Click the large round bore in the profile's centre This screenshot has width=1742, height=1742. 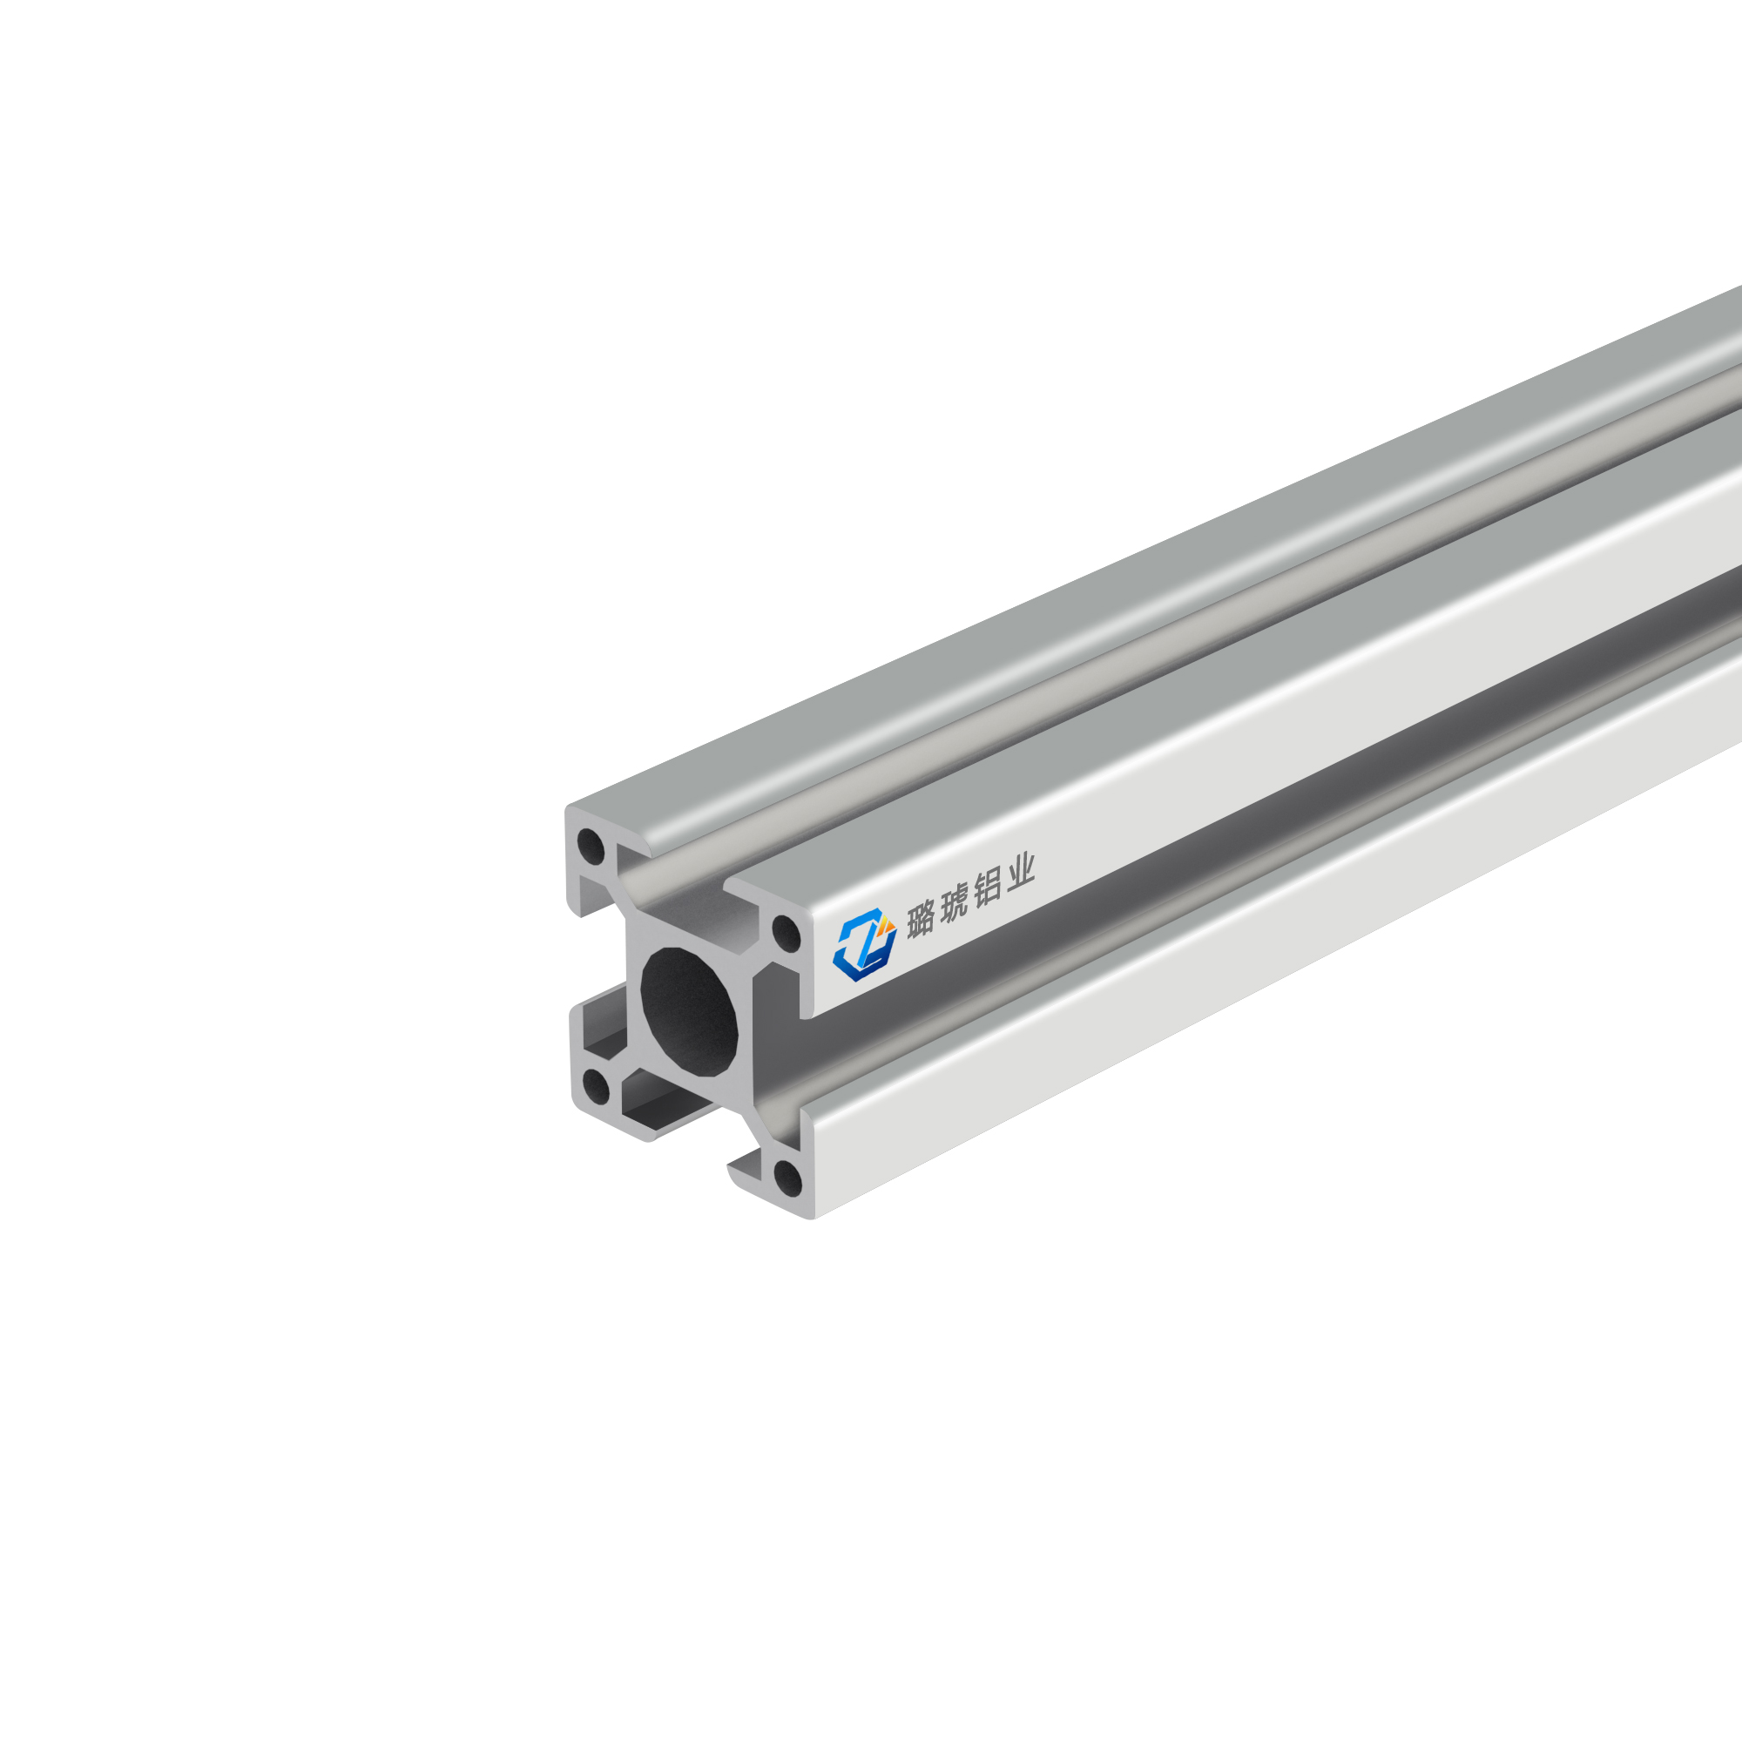[x=689, y=1010]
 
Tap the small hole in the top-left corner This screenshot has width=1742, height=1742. [x=591, y=847]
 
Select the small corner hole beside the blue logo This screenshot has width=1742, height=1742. [x=787, y=932]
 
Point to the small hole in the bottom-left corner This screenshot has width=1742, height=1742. [x=596, y=1086]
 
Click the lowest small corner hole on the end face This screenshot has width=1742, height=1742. [x=787, y=1178]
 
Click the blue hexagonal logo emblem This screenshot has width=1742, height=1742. [x=864, y=944]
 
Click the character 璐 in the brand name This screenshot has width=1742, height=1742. [x=921, y=921]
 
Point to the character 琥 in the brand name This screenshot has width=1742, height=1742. [x=954, y=904]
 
